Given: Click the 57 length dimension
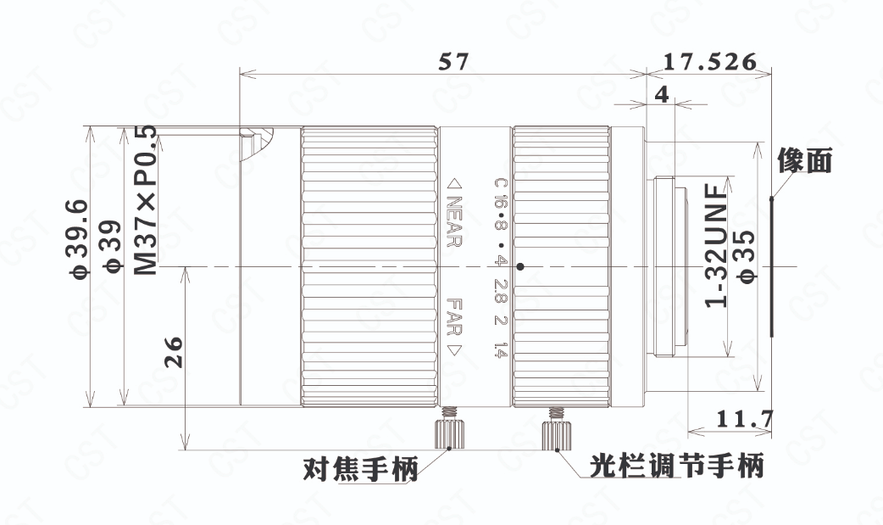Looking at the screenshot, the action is click(x=453, y=61).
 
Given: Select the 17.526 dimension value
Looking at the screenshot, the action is click(x=709, y=61).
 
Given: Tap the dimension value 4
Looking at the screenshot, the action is click(x=663, y=93).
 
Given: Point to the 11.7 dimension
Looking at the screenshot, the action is click(x=745, y=419).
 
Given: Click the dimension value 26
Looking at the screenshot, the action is click(x=174, y=352).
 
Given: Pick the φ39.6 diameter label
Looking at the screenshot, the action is click(x=79, y=238).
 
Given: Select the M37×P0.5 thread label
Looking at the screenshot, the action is click(x=146, y=200).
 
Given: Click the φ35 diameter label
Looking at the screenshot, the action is click(x=748, y=255).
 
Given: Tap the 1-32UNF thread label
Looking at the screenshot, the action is click(x=718, y=247).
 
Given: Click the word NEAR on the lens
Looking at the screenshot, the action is click(x=454, y=221).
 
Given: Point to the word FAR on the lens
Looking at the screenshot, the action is click(x=454, y=316).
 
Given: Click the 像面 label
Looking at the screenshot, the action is click(x=805, y=160).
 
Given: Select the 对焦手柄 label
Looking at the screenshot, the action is click(x=361, y=469).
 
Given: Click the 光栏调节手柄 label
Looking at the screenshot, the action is click(x=677, y=466).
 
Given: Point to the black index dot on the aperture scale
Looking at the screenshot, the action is click(x=520, y=266).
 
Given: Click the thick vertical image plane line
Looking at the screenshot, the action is click(x=772, y=266).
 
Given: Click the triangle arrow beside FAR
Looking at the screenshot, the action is click(x=454, y=349).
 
